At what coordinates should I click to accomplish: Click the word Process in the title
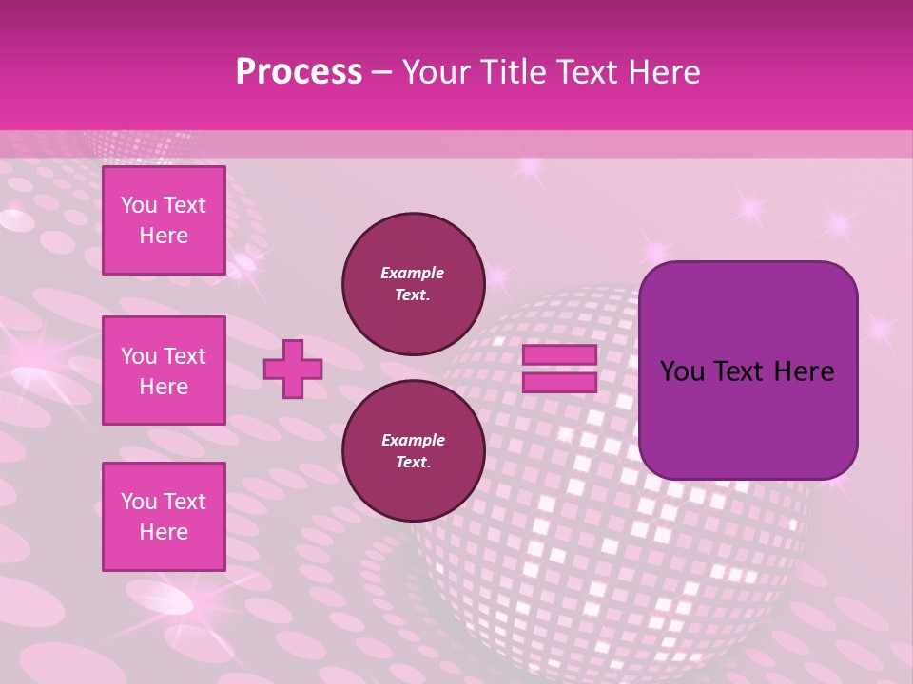(299, 72)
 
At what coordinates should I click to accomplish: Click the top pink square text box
(164, 220)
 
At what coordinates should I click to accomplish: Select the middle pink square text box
(164, 370)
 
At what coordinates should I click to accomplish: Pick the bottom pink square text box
(164, 517)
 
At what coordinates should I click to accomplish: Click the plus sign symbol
(293, 369)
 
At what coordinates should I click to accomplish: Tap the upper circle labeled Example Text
(413, 283)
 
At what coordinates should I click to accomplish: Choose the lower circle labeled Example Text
(413, 450)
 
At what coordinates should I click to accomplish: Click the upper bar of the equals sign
(559, 355)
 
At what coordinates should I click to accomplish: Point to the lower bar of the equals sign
(559, 382)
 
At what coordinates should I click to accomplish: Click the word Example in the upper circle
(413, 273)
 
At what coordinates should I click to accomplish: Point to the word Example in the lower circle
(413, 440)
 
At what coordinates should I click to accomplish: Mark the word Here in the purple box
(804, 371)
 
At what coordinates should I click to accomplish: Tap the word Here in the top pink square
(164, 236)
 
